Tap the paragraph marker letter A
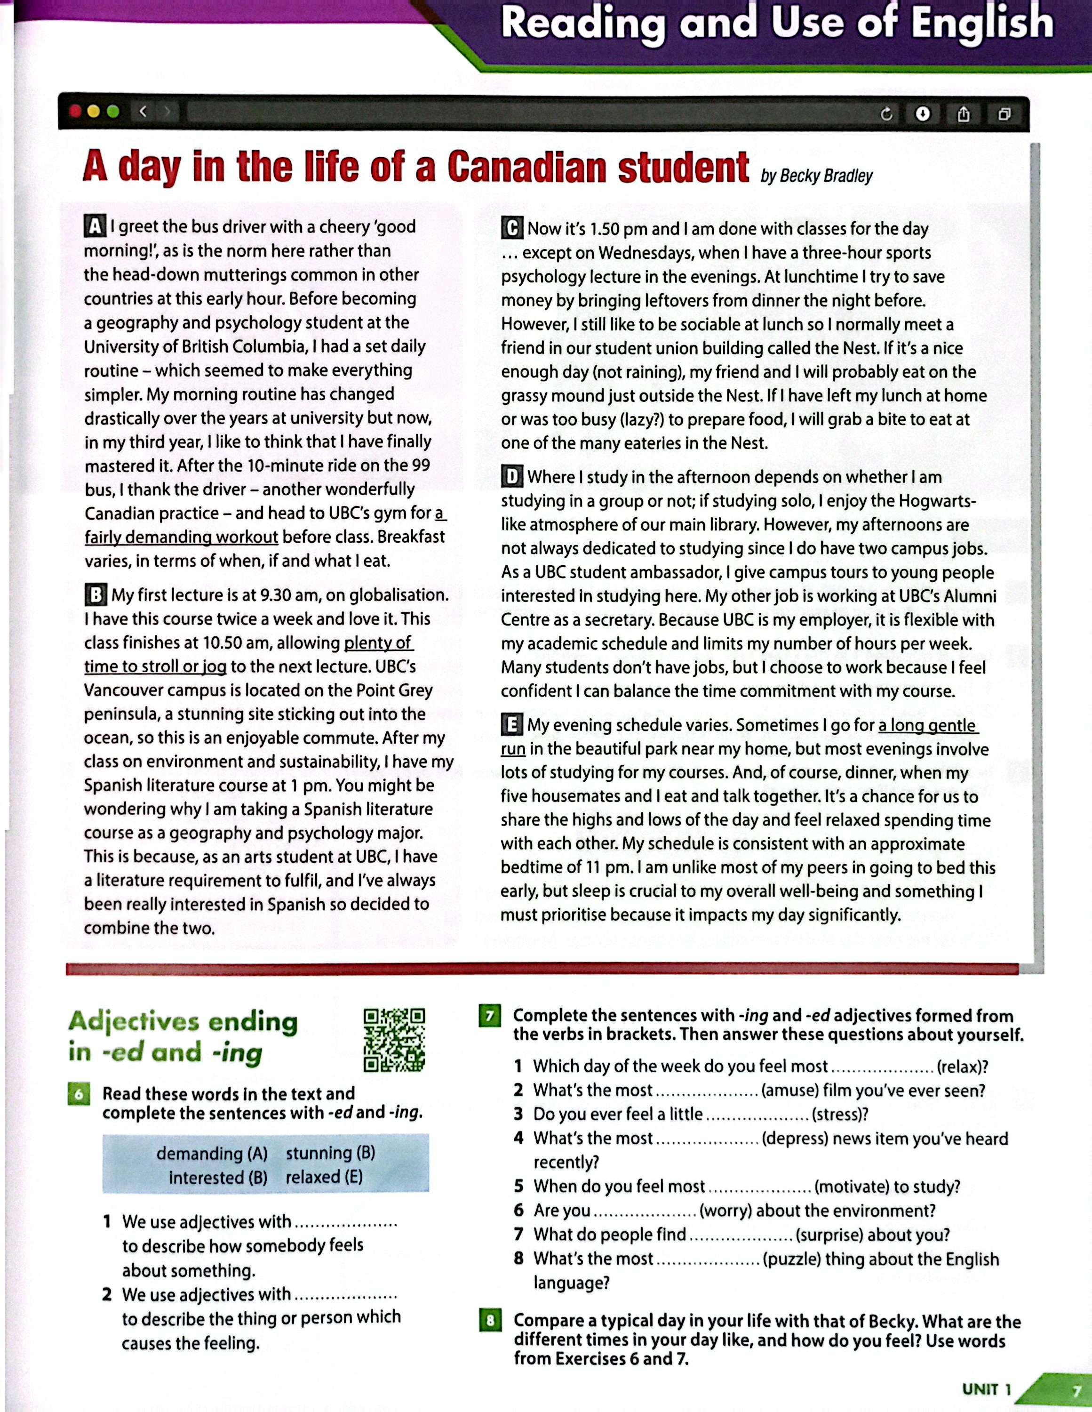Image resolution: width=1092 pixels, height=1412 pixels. [95, 227]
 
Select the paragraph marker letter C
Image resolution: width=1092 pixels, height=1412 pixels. [512, 228]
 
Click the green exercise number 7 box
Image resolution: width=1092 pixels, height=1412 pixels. [490, 1016]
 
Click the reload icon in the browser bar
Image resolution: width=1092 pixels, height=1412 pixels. [886, 114]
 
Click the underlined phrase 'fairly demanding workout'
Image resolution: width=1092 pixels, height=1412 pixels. [182, 537]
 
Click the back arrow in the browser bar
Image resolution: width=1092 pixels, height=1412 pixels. [143, 112]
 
